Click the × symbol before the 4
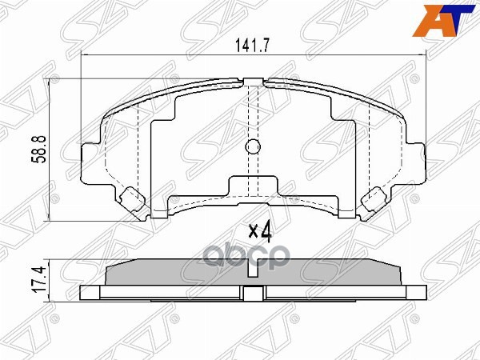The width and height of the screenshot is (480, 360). pyautogui.click(x=253, y=233)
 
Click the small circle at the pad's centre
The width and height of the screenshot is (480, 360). pyautogui.click(x=252, y=147)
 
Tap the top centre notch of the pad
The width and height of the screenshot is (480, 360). pyautogui.click(x=252, y=80)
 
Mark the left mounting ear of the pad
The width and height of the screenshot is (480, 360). pyautogui.click(x=90, y=156)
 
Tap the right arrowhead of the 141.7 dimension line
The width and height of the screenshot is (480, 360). pyautogui.click(x=422, y=56)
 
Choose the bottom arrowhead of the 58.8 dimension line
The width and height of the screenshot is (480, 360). pyautogui.click(x=53, y=218)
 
